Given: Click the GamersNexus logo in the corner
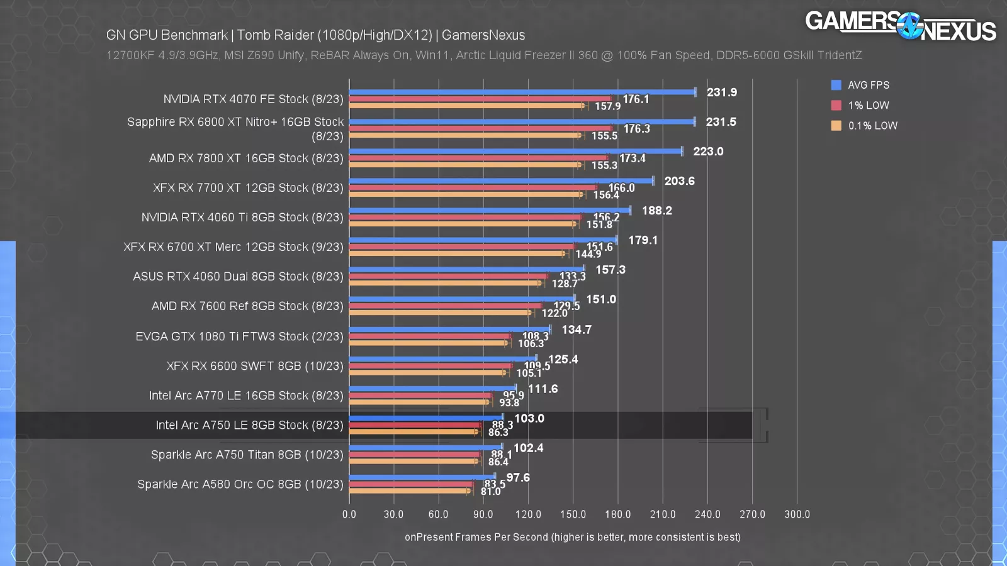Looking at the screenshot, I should pos(900,26).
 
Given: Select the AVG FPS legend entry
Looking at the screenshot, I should pos(868,85).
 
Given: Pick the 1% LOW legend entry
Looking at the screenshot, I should pos(868,106).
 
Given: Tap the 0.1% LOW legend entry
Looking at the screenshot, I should pos(872,126).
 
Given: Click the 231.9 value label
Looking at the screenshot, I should pos(721,92).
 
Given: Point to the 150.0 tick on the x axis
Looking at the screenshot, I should pos(573,514).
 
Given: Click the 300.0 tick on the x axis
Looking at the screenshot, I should pos(797,514).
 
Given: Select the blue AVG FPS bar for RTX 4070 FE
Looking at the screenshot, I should pos(522,92).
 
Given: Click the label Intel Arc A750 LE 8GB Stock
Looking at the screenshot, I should pos(249,425).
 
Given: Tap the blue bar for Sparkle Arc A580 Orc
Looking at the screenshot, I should pos(422,477).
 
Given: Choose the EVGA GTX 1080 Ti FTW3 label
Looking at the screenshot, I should pos(239,336).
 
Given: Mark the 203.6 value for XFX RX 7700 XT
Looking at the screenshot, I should pos(679,181).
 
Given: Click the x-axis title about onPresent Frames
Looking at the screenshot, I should pos(572,537).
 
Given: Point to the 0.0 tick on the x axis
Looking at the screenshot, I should pos(349,514).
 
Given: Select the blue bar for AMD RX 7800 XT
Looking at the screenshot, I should pos(515,151).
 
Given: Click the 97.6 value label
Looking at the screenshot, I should pos(518,478).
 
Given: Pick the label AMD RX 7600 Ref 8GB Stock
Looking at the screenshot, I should pos(247,306).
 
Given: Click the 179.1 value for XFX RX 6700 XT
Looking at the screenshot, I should pos(643,240).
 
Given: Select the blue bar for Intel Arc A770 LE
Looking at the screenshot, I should pos(432,389).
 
